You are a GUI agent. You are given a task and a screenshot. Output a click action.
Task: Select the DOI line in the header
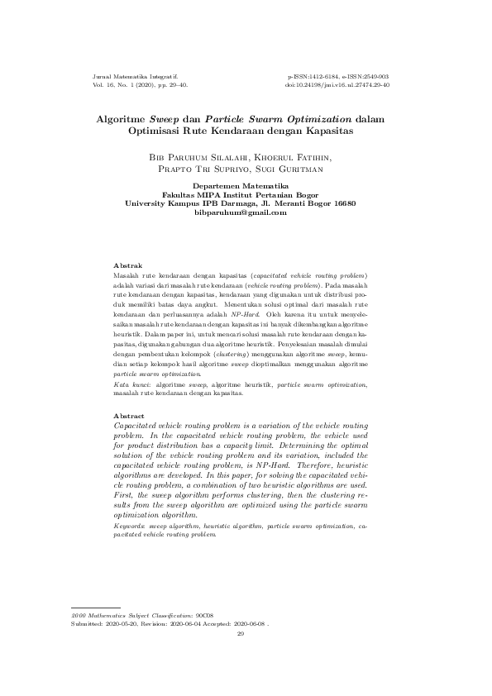click(x=337, y=84)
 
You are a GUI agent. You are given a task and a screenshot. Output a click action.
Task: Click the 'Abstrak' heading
click(x=127, y=264)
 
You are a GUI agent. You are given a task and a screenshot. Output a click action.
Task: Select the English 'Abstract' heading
click(x=129, y=415)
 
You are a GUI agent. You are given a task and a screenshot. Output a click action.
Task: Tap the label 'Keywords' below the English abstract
click(x=129, y=525)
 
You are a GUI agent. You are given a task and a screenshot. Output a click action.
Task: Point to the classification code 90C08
click(x=204, y=617)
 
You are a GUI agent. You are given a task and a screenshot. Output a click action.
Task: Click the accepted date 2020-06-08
click(x=249, y=625)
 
